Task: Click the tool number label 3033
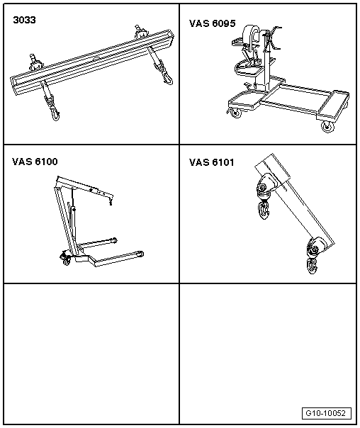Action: tap(26, 21)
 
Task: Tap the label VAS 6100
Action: tap(35, 162)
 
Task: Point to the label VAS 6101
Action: tap(212, 162)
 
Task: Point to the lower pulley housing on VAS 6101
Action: tap(313, 247)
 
